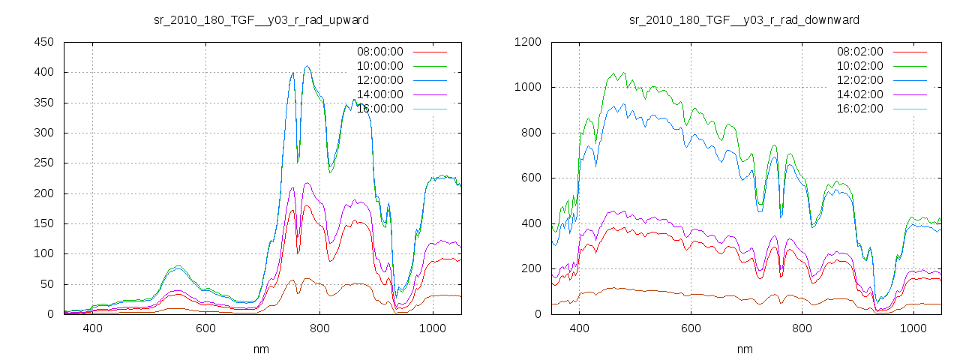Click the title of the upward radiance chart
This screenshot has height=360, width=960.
(x=261, y=19)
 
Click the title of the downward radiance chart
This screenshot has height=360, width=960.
(x=744, y=19)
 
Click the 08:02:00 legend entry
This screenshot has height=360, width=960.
(x=859, y=52)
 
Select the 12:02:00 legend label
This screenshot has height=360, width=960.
(x=859, y=80)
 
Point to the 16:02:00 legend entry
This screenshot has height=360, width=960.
(x=859, y=109)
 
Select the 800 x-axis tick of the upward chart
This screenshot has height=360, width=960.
(x=319, y=328)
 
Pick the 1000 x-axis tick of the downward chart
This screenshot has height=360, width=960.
(x=913, y=328)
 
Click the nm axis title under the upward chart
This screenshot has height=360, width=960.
(x=261, y=349)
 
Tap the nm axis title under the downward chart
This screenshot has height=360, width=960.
(x=744, y=349)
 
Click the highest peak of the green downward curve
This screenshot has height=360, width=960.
(x=614, y=73)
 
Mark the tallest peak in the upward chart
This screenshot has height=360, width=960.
(x=307, y=66)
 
